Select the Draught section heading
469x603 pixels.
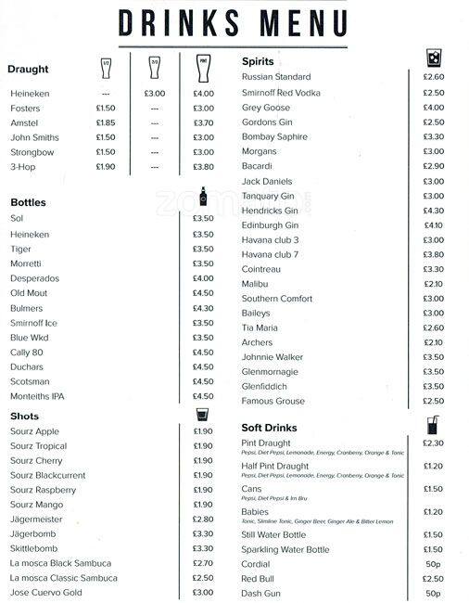click(x=28, y=69)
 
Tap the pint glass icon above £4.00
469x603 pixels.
click(x=203, y=67)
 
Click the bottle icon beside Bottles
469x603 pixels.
click(x=204, y=200)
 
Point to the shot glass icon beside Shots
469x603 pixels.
click(x=203, y=415)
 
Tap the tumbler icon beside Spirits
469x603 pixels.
click(x=433, y=59)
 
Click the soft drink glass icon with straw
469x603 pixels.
click(x=433, y=425)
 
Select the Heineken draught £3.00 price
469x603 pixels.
click(x=154, y=94)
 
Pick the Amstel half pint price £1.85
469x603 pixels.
click(x=106, y=122)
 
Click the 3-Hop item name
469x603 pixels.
click(x=22, y=167)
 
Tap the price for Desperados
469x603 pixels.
click(x=203, y=278)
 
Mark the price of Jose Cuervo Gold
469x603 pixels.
click(x=203, y=593)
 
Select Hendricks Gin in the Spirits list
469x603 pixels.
click(x=270, y=211)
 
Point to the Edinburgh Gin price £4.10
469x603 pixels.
click(x=433, y=225)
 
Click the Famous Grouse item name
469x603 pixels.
click(x=273, y=402)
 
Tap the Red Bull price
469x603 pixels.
click(x=433, y=579)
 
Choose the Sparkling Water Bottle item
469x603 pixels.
click(x=285, y=550)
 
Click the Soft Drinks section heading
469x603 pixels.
click(x=269, y=428)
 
